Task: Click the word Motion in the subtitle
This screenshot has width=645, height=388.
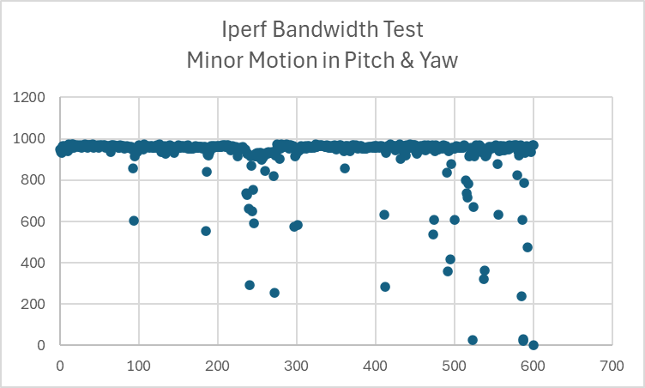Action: (276, 61)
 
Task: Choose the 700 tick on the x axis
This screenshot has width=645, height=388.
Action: (612, 364)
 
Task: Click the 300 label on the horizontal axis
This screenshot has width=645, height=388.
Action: (297, 364)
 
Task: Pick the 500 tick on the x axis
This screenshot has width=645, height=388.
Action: (455, 364)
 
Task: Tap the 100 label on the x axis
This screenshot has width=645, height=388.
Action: (139, 364)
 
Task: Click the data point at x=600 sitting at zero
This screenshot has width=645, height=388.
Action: (533, 345)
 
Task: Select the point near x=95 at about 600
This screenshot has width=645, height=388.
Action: (134, 221)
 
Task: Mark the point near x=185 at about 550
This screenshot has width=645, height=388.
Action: (206, 231)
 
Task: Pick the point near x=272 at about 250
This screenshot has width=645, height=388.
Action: (274, 293)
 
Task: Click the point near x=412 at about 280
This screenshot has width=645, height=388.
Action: (385, 287)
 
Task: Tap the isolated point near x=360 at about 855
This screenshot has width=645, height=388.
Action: (345, 168)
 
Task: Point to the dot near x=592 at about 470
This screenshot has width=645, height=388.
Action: (527, 247)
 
